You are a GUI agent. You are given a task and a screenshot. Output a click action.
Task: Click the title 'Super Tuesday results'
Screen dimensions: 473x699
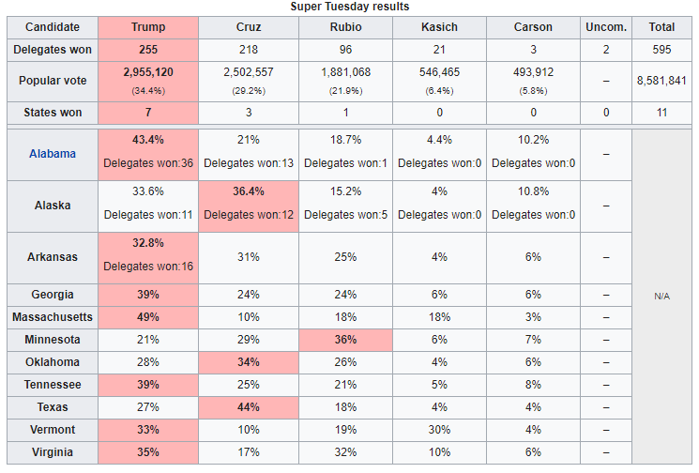pyautogui.click(x=349, y=7)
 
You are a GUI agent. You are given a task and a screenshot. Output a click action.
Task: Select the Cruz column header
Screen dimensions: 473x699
pyautogui.click(x=249, y=27)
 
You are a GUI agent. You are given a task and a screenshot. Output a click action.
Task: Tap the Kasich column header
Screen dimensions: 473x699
pyautogui.click(x=438, y=27)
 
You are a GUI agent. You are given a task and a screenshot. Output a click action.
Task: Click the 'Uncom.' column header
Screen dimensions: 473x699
pyautogui.click(x=606, y=27)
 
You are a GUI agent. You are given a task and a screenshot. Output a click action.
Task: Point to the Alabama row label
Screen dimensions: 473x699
pyautogui.click(x=53, y=153)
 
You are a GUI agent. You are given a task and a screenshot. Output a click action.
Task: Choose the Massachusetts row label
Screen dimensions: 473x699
pyautogui.click(x=53, y=317)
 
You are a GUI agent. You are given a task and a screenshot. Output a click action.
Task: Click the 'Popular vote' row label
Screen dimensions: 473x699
pyautogui.click(x=53, y=81)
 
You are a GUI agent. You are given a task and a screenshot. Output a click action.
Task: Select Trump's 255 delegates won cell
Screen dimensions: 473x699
pyautogui.click(x=148, y=50)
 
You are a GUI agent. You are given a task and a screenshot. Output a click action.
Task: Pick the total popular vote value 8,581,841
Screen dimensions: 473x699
pyautogui.click(x=662, y=81)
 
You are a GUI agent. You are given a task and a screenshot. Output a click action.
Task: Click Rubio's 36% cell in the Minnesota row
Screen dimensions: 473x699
pyautogui.click(x=345, y=340)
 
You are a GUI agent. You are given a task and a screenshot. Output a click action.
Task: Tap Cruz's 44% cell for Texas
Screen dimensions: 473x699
pyautogui.click(x=249, y=408)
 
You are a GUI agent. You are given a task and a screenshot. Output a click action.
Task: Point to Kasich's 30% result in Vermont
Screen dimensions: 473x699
pyautogui.click(x=438, y=431)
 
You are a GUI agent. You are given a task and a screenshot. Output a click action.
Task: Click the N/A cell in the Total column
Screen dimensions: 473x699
pyautogui.click(x=662, y=296)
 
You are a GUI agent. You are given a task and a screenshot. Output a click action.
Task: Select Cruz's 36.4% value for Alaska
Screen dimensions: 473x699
pyautogui.click(x=249, y=191)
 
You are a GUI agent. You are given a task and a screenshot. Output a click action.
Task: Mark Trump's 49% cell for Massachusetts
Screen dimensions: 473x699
pyautogui.click(x=148, y=317)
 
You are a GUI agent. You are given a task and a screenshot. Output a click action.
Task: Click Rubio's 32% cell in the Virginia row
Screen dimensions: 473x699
pyautogui.click(x=345, y=453)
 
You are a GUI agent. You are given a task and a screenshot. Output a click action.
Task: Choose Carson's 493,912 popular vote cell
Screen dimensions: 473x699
pyautogui.click(x=533, y=71)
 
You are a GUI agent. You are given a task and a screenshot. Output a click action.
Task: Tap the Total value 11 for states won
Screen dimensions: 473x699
pyautogui.click(x=662, y=113)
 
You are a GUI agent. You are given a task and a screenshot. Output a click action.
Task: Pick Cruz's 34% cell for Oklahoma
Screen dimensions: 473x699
pyautogui.click(x=249, y=362)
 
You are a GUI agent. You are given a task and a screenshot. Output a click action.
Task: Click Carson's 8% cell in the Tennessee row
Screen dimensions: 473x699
pyautogui.click(x=533, y=385)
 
